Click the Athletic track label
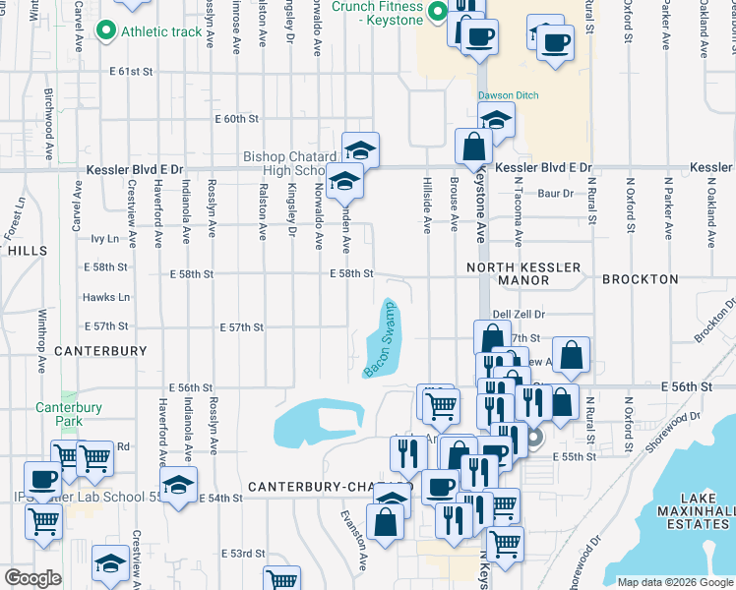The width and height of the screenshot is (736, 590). coord(160,31)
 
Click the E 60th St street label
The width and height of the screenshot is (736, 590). coord(236,118)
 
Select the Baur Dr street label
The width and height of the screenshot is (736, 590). coord(555,194)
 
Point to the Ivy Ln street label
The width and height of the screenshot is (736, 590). coord(104,238)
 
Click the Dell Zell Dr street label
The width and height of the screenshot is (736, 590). coord(519,314)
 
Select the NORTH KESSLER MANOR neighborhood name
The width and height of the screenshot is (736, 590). coord(521,273)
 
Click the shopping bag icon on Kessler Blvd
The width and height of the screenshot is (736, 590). coord(474,147)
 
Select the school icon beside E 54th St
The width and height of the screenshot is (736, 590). coord(178,485)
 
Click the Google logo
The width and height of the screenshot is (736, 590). coord(32,578)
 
